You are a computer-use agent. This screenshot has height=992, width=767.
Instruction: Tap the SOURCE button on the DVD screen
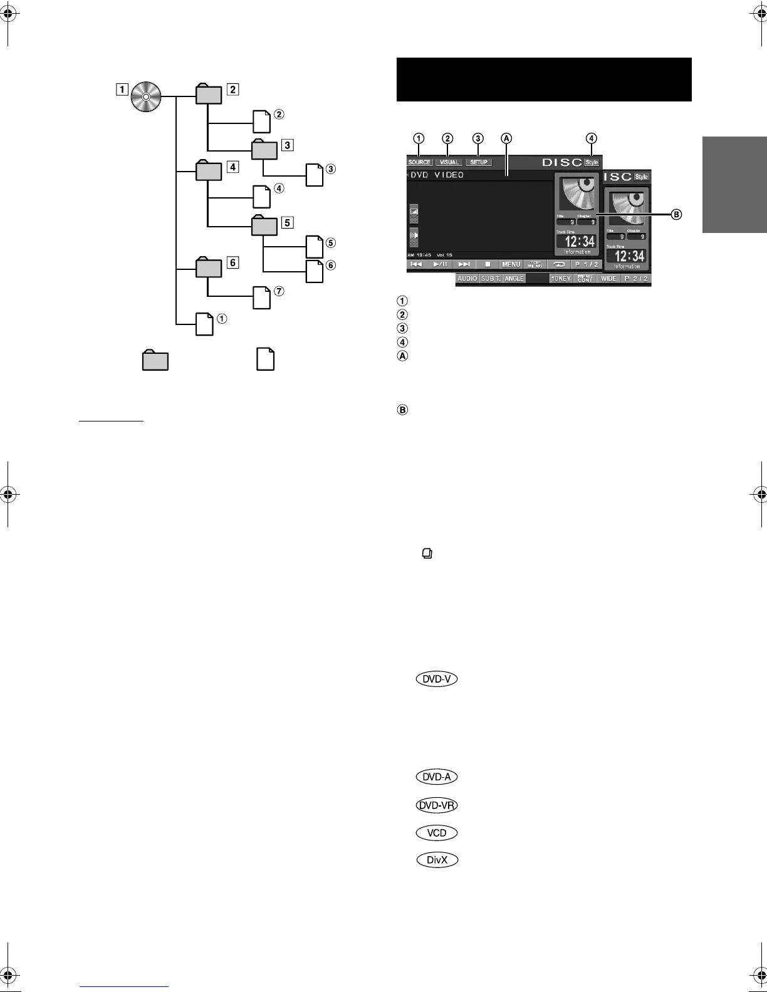[x=419, y=162]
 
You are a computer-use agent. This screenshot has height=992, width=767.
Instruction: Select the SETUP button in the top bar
[x=479, y=162]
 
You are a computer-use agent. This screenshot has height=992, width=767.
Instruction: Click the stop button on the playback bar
[x=487, y=264]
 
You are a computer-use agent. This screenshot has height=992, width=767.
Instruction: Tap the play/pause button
[x=441, y=264]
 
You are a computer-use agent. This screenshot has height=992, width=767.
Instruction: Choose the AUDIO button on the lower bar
[x=467, y=278]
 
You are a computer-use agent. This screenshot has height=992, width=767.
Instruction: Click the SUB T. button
[x=491, y=278]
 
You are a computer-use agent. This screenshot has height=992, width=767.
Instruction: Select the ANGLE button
[x=514, y=278]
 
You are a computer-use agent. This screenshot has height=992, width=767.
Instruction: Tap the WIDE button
[x=608, y=278]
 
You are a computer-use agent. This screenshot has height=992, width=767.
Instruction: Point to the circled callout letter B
[x=676, y=215]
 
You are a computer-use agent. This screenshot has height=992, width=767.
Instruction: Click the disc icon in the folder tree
[x=146, y=97]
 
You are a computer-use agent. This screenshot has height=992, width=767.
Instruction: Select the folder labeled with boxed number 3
[x=264, y=151]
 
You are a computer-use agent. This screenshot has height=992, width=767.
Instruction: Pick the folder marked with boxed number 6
[x=209, y=267]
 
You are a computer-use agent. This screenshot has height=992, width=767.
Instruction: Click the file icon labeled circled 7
[x=262, y=297]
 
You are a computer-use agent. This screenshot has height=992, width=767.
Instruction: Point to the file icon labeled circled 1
[x=205, y=324]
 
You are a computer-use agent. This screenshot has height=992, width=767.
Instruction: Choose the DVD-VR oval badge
[x=436, y=805]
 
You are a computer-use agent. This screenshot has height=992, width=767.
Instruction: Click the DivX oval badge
[x=436, y=860]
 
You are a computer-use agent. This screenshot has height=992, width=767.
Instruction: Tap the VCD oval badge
[x=436, y=833]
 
